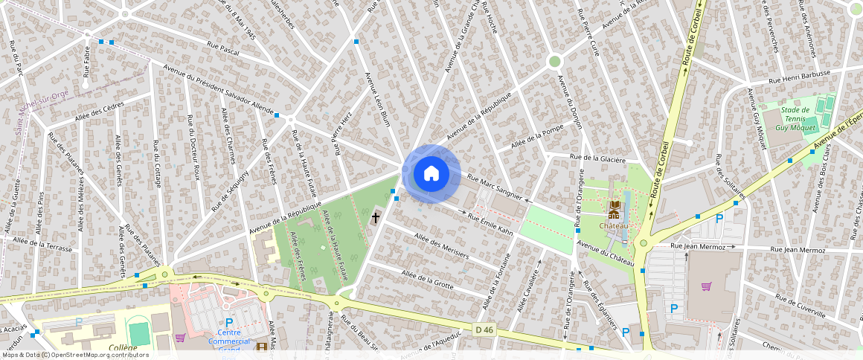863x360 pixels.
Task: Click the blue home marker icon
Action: [x=431, y=174]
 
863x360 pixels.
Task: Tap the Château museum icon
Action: [x=614, y=207]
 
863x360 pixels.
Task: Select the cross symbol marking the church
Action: [x=376, y=218]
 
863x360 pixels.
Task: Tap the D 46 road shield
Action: [x=484, y=330]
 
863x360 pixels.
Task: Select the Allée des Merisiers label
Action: [x=442, y=244]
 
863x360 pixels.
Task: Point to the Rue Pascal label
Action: [x=223, y=48]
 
